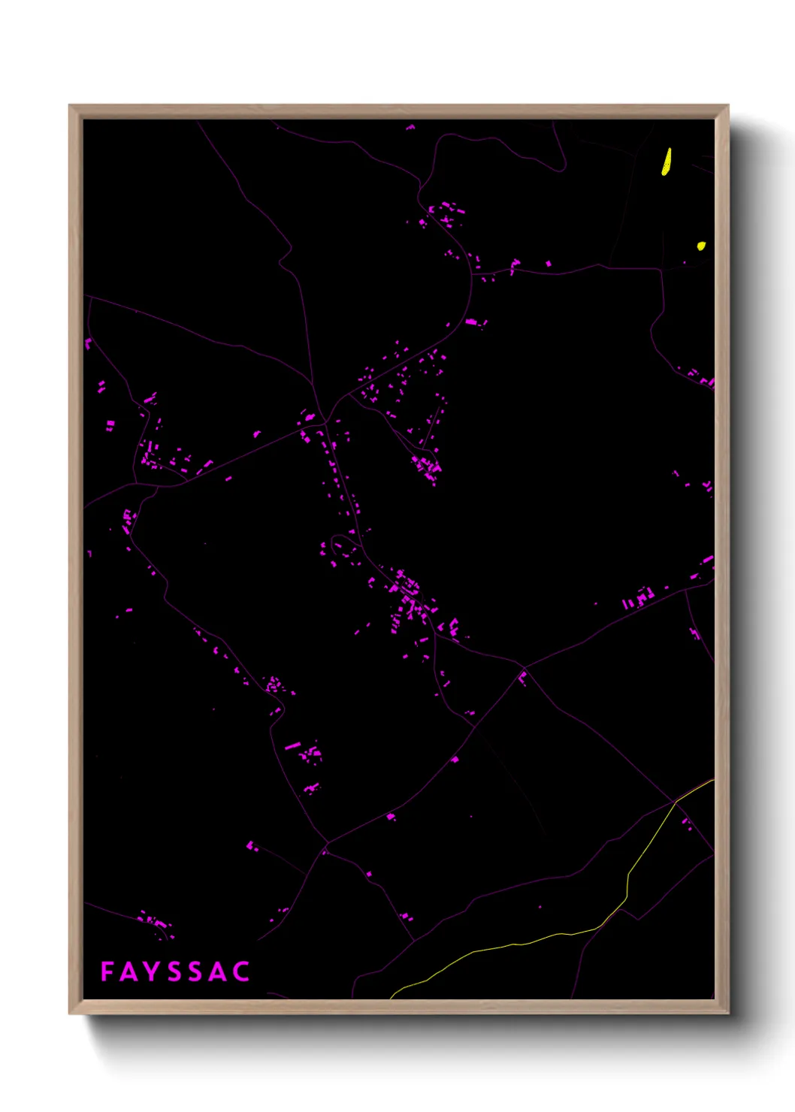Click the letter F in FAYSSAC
107,971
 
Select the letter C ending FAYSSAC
241,971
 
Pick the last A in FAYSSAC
219,971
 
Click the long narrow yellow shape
667,162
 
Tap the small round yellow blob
701,246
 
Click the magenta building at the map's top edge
410,128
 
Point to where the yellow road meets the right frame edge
713,780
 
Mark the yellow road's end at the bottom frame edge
391,998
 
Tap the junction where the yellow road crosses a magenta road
675,802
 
